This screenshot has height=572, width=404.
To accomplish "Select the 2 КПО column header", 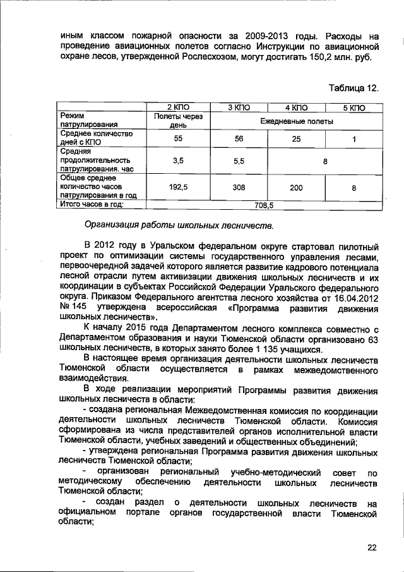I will coord(177,108).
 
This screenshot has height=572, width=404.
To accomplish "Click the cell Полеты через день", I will coord(177,120).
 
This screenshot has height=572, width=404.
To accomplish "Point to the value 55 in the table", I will coord(177,138).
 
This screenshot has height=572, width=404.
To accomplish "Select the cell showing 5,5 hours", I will coord(239,161).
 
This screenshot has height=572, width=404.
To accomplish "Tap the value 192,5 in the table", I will coord(177,188).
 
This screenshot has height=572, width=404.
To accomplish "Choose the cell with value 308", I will coord(239,188).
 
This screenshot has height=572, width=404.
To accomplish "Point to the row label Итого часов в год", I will coord(91,205).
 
